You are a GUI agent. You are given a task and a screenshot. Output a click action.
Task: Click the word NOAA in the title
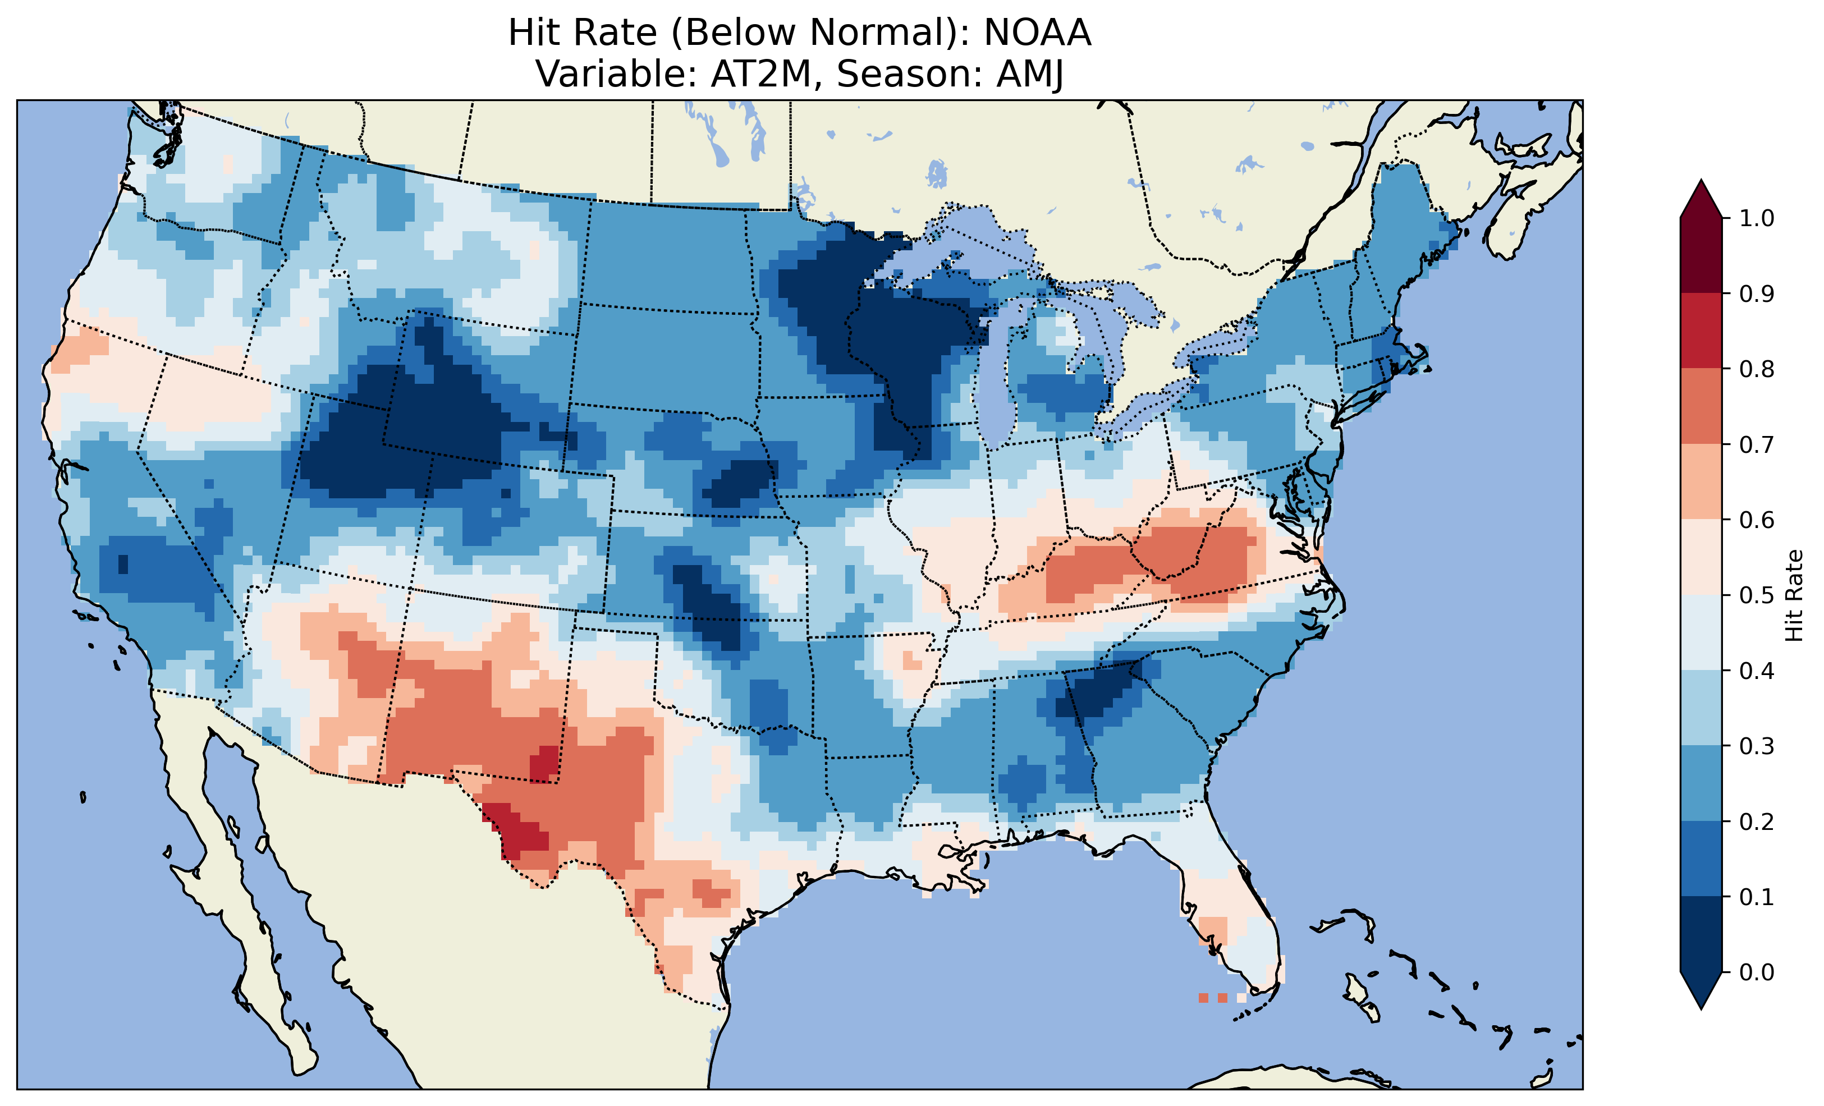[x=1037, y=33]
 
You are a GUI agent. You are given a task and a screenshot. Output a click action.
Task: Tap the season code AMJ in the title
[x=1030, y=74]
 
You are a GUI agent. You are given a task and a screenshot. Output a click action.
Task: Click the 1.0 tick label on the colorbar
[x=1757, y=218]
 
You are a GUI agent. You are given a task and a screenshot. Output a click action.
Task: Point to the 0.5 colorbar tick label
[x=1757, y=595]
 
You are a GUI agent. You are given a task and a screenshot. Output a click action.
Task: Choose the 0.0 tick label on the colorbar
[x=1757, y=972]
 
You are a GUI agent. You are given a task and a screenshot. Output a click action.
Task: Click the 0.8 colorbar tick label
[x=1757, y=369]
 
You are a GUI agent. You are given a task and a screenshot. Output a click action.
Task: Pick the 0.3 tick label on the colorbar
[x=1757, y=746]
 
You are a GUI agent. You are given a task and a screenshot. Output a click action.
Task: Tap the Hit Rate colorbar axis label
[x=1794, y=596]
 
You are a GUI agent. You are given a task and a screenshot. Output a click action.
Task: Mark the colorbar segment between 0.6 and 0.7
[x=1701, y=481]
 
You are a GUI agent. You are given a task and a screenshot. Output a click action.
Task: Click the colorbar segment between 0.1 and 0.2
[x=1701, y=859]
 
